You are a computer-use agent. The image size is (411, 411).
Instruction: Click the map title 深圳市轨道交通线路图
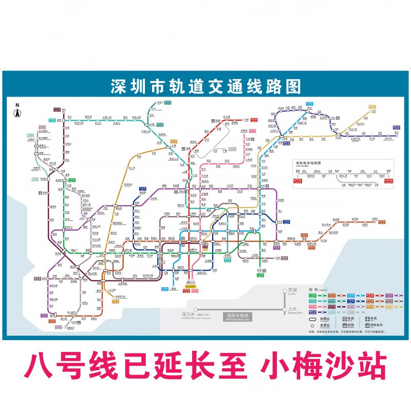point(206,86)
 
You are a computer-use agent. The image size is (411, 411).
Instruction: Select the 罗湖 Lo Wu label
point(293,290)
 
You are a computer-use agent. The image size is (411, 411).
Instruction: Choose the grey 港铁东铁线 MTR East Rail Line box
point(238,315)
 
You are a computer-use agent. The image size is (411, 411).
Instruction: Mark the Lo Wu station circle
point(285,291)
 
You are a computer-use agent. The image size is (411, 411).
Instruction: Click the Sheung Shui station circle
point(285,310)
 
